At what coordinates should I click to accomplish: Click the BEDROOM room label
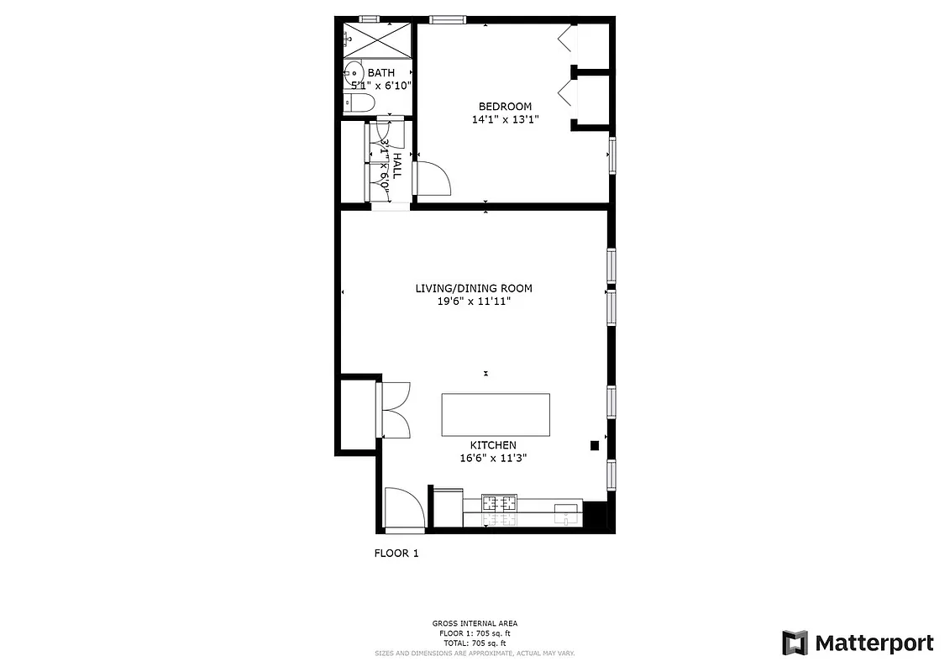pyautogui.click(x=505, y=106)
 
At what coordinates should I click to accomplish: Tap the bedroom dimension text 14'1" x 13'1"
pyautogui.click(x=505, y=119)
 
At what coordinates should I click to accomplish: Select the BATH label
pyautogui.click(x=381, y=73)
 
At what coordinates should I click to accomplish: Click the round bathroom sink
pyautogui.click(x=354, y=74)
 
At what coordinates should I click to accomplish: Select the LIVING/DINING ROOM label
pyautogui.click(x=474, y=288)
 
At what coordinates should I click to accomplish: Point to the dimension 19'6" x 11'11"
pyautogui.click(x=474, y=301)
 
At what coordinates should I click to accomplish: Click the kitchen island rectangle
pyautogui.click(x=496, y=414)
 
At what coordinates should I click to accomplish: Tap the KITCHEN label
pyautogui.click(x=493, y=445)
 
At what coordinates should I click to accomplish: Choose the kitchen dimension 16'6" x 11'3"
pyautogui.click(x=493, y=458)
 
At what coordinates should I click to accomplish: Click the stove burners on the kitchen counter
pyautogui.click(x=498, y=505)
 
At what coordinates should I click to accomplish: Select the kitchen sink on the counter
pyautogui.click(x=568, y=509)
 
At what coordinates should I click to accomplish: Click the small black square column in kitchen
pyautogui.click(x=594, y=446)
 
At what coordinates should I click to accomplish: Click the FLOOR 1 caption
pyautogui.click(x=396, y=553)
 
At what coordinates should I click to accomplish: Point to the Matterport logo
pyautogui.click(x=857, y=643)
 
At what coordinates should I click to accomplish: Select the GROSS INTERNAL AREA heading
pyautogui.click(x=475, y=623)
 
